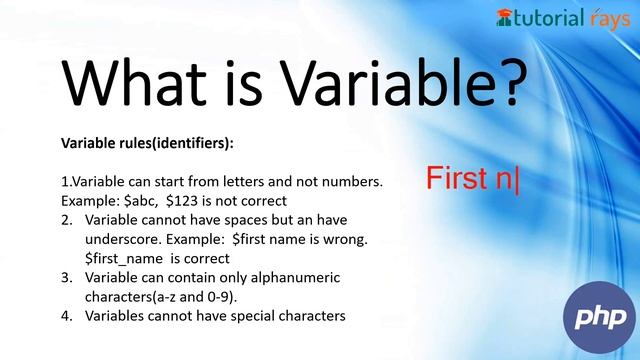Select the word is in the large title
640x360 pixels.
point(262,84)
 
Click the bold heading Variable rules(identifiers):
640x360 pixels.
point(147,143)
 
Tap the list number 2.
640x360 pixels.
point(66,219)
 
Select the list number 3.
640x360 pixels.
point(66,277)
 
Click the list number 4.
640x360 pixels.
point(66,315)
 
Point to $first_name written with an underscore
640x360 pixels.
point(122,258)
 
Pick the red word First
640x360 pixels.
point(459,179)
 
